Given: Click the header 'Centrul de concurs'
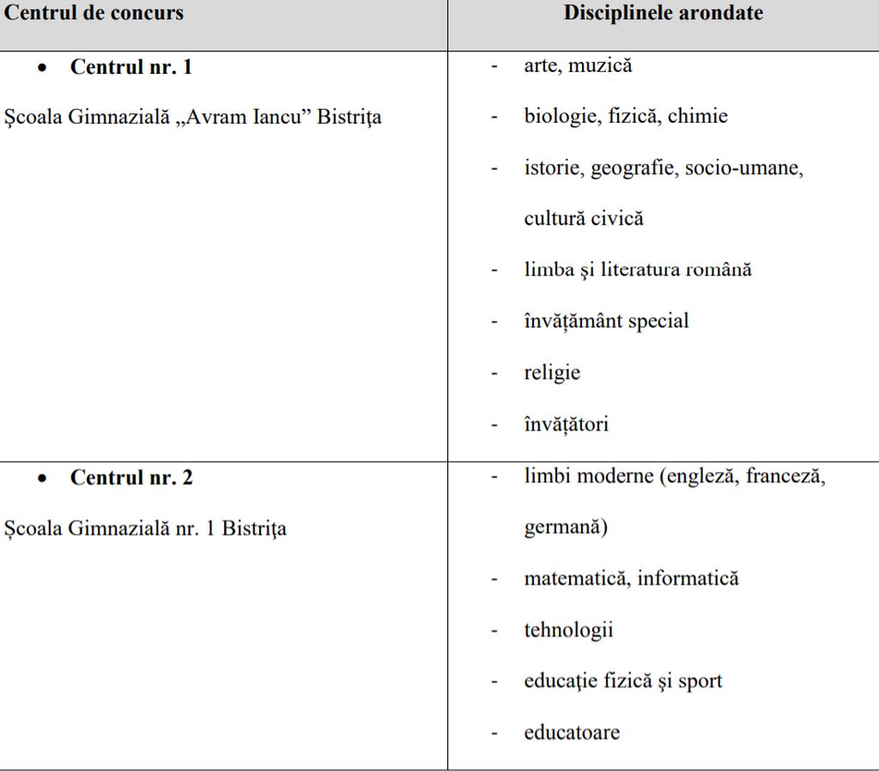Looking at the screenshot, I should coord(94,14).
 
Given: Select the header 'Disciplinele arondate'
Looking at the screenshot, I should coord(663,14).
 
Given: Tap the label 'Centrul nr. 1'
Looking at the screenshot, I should coord(131,67).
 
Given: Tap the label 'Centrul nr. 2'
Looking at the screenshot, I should coord(131,477).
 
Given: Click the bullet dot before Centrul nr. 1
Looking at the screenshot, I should coord(42,68).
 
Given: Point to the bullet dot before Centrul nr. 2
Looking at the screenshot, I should coord(42,478).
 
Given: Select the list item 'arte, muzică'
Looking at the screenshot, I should coord(578,65).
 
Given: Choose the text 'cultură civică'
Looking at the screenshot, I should coord(584,218).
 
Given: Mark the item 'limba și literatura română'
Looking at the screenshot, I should coord(638,270).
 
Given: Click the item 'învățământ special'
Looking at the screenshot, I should coord(606,321).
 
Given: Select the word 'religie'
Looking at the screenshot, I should coord(552,373).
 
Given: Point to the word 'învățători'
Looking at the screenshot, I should coord(566,424).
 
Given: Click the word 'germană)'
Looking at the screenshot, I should coord(565,527).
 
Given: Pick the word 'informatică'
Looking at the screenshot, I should coord(688,579).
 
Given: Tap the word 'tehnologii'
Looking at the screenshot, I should coord(568,630).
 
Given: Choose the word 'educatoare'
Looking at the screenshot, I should coord(572,732).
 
